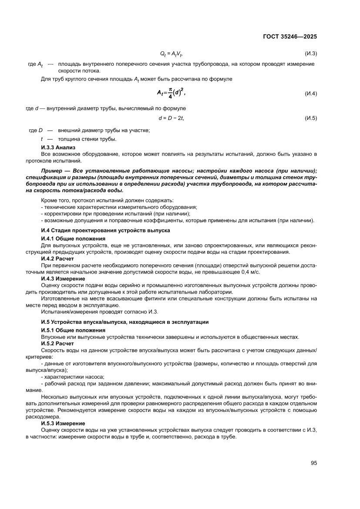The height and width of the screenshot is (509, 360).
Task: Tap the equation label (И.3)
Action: click(310, 54)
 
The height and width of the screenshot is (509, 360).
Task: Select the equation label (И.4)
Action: click(310, 94)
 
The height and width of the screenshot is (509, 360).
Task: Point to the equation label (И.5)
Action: click(310, 118)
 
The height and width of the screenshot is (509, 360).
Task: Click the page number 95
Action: click(313, 463)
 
